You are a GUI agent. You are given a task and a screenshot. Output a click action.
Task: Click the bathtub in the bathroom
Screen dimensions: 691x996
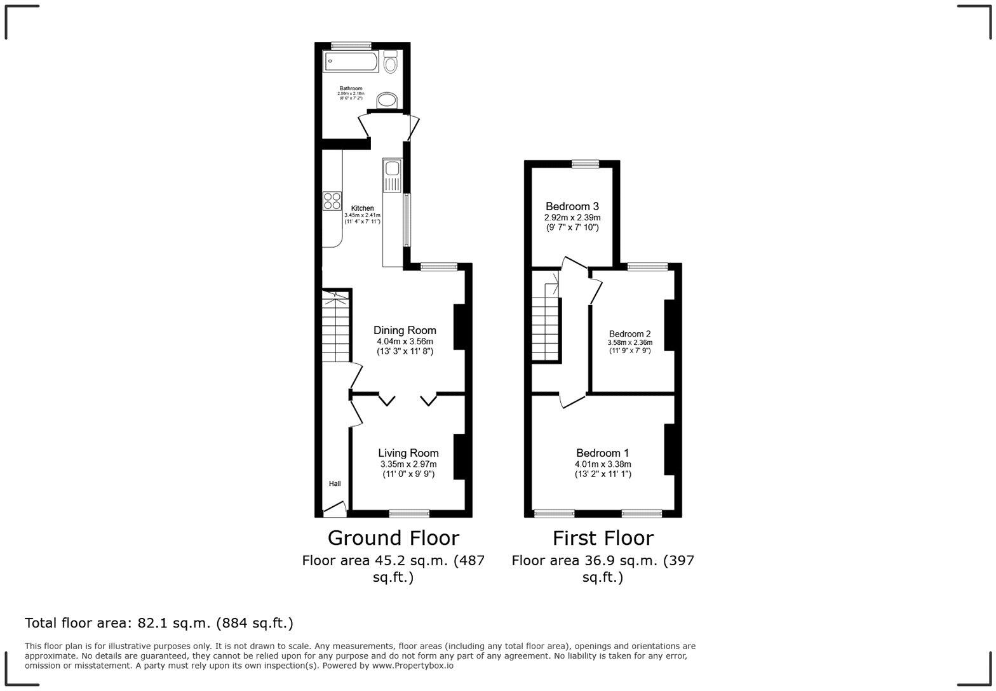[x=351, y=62]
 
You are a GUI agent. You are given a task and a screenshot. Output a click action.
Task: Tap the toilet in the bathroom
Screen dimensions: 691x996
[x=391, y=63]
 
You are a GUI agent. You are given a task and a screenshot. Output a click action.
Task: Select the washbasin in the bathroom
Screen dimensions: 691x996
[x=387, y=100]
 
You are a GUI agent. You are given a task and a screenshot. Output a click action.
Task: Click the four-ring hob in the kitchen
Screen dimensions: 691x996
[x=332, y=201]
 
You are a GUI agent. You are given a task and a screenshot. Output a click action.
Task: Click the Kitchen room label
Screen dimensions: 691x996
[x=363, y=208]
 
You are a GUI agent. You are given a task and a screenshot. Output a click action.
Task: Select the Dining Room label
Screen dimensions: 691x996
[x=405, y=330]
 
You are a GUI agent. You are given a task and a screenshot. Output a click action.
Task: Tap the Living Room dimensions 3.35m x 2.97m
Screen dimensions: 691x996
[x=408, y=464]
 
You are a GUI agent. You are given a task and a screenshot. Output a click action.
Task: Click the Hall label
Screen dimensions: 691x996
[x=335, y=484]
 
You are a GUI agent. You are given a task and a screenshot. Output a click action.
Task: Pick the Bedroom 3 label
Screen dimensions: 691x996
[x=572, y=206]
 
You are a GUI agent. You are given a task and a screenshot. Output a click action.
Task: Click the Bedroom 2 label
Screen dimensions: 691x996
[x=629, y=334]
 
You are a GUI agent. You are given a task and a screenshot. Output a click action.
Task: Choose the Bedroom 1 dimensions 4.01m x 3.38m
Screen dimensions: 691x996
[x=603, y=464]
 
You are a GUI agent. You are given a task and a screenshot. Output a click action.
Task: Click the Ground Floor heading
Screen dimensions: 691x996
[x=393, y=538]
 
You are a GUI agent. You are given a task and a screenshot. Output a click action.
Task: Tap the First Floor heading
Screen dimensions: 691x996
[x=603, y=538]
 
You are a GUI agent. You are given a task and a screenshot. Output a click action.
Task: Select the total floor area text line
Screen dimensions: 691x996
[x=159, y=623]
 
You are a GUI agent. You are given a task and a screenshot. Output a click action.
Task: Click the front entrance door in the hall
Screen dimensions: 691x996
[x=334, y=508]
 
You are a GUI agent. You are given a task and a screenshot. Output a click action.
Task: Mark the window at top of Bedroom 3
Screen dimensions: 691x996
[x=585, y=164]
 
